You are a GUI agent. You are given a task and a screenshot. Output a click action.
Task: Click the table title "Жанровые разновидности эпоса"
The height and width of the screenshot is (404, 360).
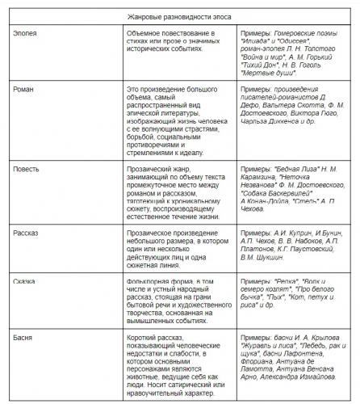pos(179,17)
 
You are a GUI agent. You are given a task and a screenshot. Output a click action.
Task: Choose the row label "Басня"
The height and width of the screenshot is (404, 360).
pos(24,331)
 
